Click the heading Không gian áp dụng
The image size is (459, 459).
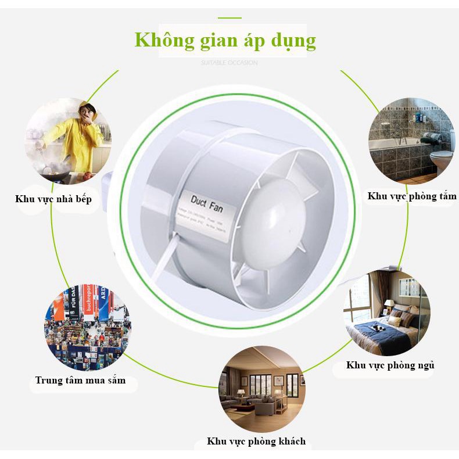pos(225,41)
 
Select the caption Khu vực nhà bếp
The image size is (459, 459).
pos(53,199)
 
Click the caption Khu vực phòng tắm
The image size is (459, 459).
pos(411,196)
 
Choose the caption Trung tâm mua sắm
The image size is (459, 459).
pos(80,381)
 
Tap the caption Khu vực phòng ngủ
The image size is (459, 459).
pos(390,365)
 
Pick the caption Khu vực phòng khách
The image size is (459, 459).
pos(256,441)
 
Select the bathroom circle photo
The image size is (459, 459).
pos(410,140)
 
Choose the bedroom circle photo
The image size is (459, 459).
pos(386,313)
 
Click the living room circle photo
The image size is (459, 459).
pos(261,389)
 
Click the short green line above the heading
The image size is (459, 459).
pos(229,18)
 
